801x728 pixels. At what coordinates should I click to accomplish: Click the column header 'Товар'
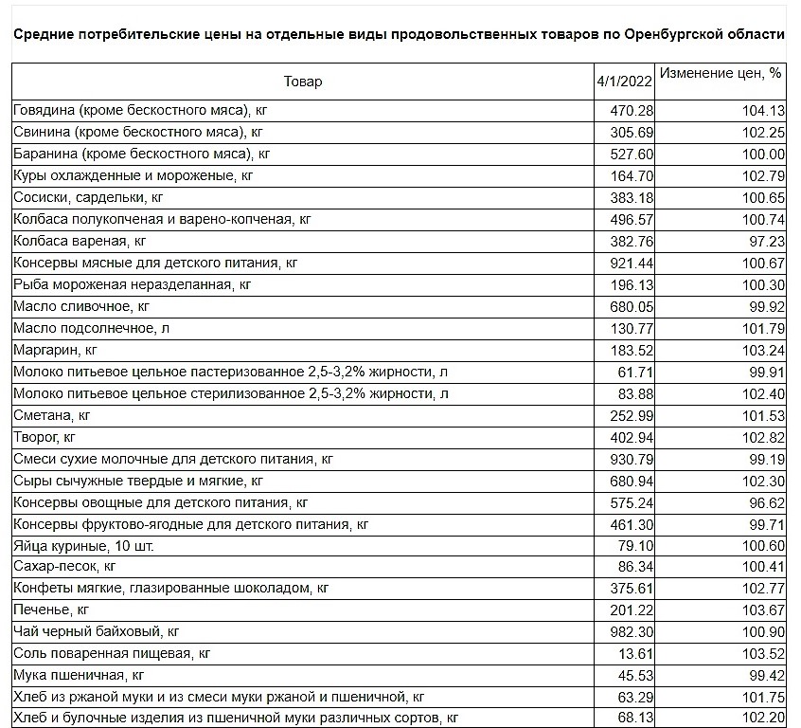click(x=302, y=82)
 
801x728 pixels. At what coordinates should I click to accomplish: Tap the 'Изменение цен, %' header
click(x=720, y=74)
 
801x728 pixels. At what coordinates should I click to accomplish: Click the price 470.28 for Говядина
click(x=632, y=111)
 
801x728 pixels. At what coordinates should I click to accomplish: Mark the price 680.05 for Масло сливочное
click(x=632, y=306)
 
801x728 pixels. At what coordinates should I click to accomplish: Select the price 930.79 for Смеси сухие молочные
click(x=632, y=459)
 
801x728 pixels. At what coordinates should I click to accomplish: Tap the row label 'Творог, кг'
click(x=47, y=437)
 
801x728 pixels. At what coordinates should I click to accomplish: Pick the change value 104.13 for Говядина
click(x=763, y=111)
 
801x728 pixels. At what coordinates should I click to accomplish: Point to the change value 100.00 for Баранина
click(x=763, y=155)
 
